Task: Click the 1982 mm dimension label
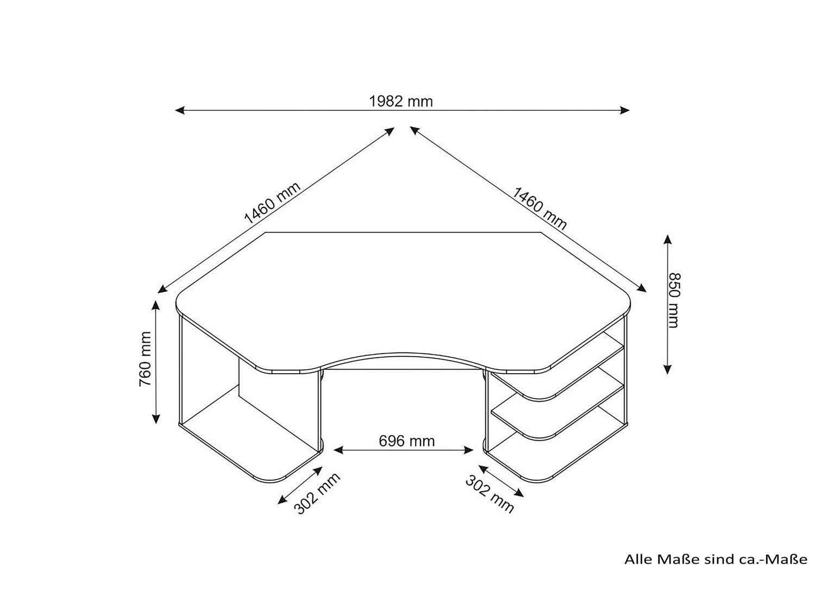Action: tap(401, 101)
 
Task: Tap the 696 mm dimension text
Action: tap(406, 441)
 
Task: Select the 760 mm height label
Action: tap(145, 359)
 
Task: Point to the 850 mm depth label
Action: tap(674, 300)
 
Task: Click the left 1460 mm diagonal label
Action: tap(272, 203)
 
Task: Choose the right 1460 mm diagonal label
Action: tap(540, 209)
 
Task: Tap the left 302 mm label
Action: tap(317, 493)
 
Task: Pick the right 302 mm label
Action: tap(490, 494)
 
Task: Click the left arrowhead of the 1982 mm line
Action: tap(180, 110)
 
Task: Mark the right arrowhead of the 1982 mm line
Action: tap(625, 110)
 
